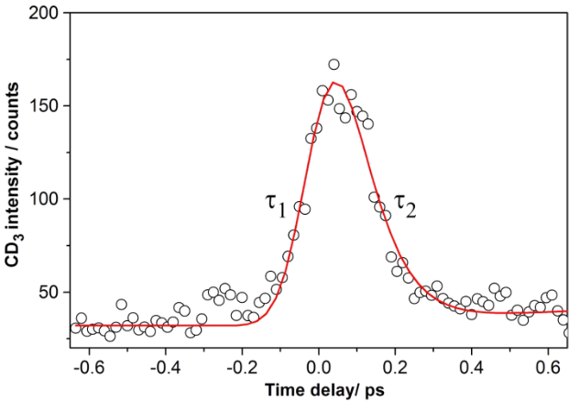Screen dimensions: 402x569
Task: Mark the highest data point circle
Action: point(334,64)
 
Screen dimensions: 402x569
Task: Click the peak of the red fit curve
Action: point(334,83)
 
